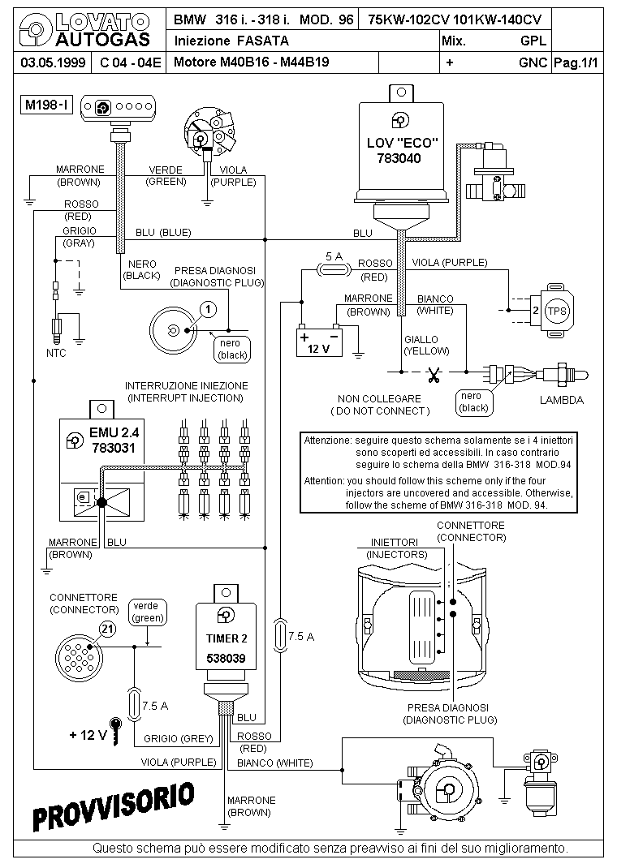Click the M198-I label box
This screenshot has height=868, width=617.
point(47,105)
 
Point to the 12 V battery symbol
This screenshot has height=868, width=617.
point(320,341)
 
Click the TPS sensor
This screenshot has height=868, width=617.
point(556,310)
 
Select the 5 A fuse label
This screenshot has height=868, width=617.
point(333,256)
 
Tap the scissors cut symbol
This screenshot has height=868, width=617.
point(434,375)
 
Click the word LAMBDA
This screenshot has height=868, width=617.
point(561,400)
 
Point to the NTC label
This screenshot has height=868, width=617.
point(56,353)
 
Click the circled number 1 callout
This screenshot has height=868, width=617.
point(208,308)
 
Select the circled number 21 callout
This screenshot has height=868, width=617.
point(107,627)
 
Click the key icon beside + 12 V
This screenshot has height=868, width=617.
point(118,732)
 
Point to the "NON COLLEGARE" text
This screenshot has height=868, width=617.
point(380,398)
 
